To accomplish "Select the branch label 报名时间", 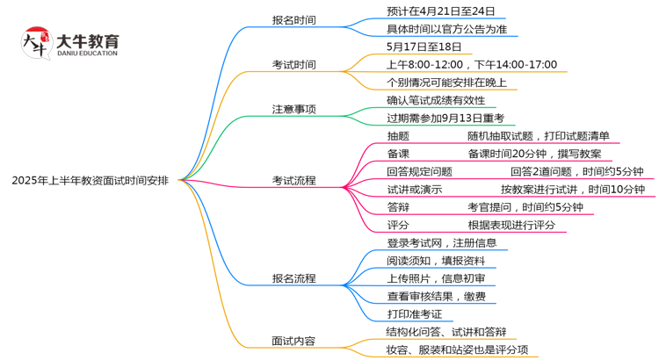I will (x=293, y=19).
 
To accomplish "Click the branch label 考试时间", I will (x=293, y=64).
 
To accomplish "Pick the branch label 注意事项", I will (x=293, y=109).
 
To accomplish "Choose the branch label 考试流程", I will (x=293, y=180).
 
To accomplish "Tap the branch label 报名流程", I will (x=293, y=278).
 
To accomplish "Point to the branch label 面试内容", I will (x=293, y=341).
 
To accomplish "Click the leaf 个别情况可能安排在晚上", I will (x=446, y=82).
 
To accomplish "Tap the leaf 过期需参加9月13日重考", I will (x=445, y=118).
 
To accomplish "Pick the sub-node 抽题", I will (x=398, y=136).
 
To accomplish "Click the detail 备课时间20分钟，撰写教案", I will (x=534, y=154).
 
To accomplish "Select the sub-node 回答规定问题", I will (x=419, y=171).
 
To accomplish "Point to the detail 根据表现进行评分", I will (x=511, y=225).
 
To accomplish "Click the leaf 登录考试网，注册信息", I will (x=442, y=243).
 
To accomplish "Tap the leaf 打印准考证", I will (x=414, y=313).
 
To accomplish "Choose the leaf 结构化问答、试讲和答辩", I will (x=445, y=332).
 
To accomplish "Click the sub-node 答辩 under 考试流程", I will (x=398, y=207).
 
